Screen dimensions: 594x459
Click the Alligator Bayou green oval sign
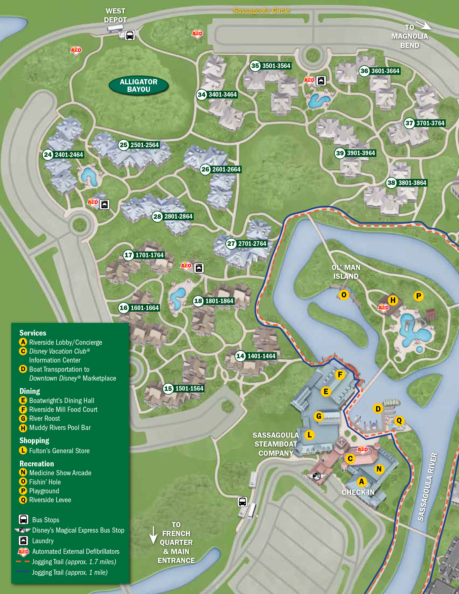point(139,85)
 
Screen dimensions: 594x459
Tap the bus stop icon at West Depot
point(130,35)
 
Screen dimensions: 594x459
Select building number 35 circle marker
point(255,66)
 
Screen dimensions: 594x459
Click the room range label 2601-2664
point(226,170)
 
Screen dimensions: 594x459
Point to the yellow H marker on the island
point(393,300)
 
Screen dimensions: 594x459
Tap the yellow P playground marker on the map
point(419,296)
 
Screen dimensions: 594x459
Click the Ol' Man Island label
point(346,272)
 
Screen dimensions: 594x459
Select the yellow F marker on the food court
point(340,374)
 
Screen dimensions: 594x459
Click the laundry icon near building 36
point(321,81)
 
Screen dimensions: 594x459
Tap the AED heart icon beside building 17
point(186,266)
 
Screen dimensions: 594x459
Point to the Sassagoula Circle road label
point(261,11)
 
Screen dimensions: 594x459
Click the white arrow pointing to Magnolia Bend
point(424,25)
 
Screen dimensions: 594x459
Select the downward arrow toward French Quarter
point(153,535)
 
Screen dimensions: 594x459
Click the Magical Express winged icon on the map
point(317,476)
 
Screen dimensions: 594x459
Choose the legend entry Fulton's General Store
point(59,451)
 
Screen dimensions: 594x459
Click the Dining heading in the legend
point(30,391)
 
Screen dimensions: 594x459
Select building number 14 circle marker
point(240,356)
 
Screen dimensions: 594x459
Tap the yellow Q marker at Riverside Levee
point(399,421)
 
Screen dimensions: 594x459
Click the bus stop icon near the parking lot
point(242,502)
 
